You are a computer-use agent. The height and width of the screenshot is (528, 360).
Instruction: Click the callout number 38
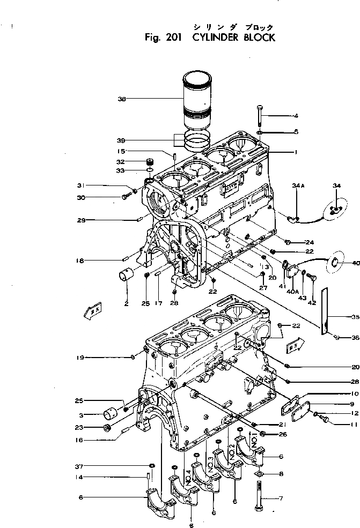pos(122,99)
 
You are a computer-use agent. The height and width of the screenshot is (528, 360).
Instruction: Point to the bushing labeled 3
pos(111,414)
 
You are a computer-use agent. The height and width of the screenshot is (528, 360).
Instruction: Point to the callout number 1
pos(296,152)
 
